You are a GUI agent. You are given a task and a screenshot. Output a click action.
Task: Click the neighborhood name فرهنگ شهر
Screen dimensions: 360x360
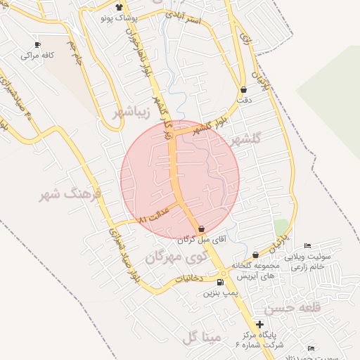click(x=70, y=193)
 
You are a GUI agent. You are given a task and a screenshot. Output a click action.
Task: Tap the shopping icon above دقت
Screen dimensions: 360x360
click(x=243, y=90)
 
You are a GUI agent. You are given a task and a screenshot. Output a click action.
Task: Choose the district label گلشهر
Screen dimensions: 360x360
click(x=244, y=139)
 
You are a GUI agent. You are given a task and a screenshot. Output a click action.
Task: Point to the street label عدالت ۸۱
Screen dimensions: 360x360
click(x=155, y=217)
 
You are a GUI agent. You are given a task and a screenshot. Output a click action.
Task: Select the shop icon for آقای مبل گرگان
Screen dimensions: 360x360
click(x=202, y=229)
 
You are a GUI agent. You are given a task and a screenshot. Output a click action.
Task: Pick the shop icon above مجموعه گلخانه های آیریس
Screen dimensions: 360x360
click(x=255, y=255)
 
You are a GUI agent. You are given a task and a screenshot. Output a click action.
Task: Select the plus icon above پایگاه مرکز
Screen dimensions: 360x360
click(x=260, y=325)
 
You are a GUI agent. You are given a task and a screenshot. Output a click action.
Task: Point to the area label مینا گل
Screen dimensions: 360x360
click(x=200, y=338)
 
